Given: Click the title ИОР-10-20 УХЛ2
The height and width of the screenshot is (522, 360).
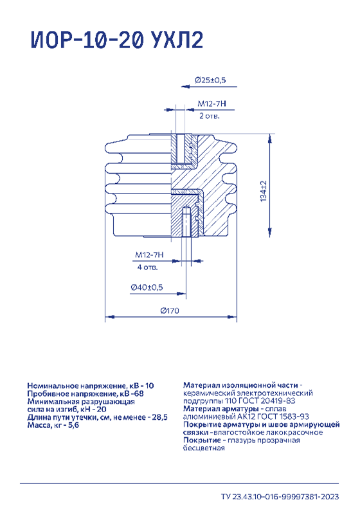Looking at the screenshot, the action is (117, 40).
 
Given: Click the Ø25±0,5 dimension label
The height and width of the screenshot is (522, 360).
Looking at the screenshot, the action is (210, 80).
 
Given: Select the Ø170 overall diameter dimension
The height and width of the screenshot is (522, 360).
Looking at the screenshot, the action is (170, 310).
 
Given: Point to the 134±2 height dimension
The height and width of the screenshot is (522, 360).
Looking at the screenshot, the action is (264, 192).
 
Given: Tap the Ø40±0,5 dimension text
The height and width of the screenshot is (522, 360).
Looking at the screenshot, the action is (147, 287).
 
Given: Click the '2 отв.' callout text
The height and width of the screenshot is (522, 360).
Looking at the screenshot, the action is (210, 116).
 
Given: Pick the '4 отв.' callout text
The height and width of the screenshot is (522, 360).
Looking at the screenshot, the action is (147, 267).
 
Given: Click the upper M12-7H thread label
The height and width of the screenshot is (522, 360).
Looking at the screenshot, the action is (212, 104).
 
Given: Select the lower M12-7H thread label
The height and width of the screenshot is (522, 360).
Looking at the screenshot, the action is (149, 255).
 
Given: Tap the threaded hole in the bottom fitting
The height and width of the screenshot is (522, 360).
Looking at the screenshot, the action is (187, 221).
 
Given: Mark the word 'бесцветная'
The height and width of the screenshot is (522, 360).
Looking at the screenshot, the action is (204, 448).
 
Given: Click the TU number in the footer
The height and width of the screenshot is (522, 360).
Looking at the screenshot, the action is (280, 497).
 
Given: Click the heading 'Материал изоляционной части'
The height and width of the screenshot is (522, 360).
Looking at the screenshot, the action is (240, 385).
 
